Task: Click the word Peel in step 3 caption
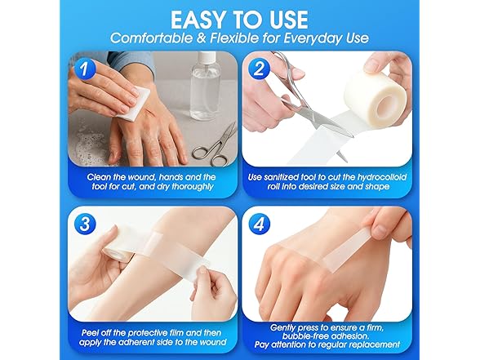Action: (96, 333)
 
